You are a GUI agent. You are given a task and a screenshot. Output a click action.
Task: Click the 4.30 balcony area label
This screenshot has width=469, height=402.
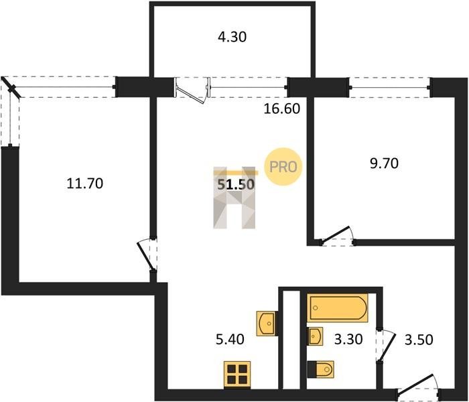(232, 37)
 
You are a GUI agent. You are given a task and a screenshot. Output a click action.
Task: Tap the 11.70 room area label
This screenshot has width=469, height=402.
(85, 184)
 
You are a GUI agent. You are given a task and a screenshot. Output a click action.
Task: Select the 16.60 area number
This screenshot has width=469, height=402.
(282, 109)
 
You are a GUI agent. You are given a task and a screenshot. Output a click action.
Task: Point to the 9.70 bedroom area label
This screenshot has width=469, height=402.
(384, 163)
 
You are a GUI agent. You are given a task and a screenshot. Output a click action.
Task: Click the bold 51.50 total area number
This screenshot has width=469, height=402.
(236, 184)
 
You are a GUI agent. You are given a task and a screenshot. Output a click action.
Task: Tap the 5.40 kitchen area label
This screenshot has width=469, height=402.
(230, 340)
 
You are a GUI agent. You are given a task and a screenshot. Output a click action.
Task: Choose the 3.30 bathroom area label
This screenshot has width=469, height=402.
(348, 340)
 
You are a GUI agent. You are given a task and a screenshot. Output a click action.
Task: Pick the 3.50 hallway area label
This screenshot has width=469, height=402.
(419, 340)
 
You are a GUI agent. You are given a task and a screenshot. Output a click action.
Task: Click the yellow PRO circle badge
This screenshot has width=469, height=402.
(283, 167)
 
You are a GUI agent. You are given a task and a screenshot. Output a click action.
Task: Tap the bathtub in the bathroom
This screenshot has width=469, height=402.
(337, 308)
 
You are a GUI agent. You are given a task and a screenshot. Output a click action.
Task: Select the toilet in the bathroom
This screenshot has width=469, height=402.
(320, 369)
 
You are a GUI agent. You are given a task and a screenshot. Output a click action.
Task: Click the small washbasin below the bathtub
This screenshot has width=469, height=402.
(315, 336)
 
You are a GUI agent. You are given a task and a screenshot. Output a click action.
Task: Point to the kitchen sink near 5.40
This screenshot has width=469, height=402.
(266, 324)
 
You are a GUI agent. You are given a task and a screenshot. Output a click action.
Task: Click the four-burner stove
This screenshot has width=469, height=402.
(237, 375)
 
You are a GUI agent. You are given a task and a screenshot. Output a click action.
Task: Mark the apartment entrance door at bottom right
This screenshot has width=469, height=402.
(418, 385)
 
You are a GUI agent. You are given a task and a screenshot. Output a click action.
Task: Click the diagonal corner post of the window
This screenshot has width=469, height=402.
(11, 88)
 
